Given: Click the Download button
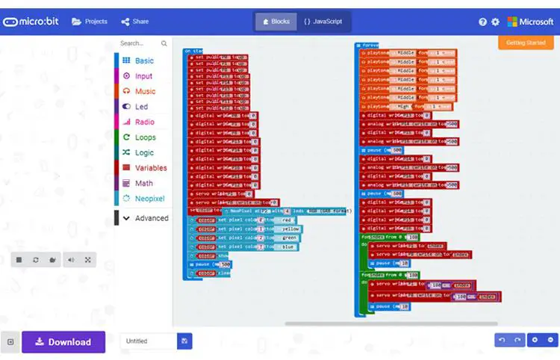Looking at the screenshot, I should click(63, 342).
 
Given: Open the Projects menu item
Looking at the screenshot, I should click(90, 22).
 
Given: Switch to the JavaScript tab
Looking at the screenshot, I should click(323, 22).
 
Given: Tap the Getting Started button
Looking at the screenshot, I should click(526, 43).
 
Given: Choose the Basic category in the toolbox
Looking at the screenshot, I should click(143, 60).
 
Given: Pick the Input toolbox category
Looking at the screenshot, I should click(143, 76).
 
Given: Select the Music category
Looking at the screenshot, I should click(145, 91).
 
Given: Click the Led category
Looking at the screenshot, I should click(141, 107).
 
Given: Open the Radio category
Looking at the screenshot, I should click(144, 122).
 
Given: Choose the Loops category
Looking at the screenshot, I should click(145, 137).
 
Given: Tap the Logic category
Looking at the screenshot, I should click(143, 152).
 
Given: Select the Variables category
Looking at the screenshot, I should click(150, 168).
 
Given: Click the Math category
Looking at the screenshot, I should click(143, 183).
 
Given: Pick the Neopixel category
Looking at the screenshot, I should click(149, 199).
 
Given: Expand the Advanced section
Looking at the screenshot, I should click(151, 218).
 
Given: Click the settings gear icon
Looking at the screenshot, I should click(495, 22).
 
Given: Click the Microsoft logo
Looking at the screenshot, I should click(530, 22).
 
